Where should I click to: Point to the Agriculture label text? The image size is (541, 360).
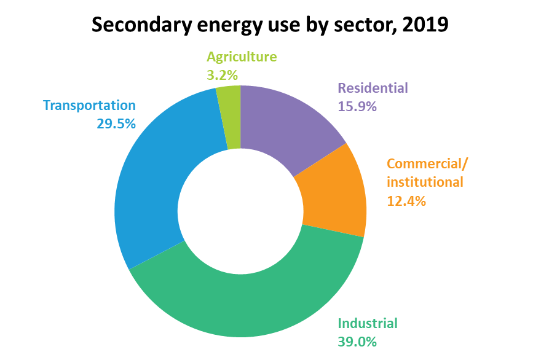point(242,57)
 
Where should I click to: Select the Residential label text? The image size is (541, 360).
point(373,88)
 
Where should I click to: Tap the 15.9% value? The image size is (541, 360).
point(357,106)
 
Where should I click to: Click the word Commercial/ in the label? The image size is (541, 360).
point(427,164)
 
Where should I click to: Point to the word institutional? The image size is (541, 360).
point(425,182)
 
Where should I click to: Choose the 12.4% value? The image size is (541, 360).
point(406,200)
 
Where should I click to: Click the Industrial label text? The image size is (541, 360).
point(368,323)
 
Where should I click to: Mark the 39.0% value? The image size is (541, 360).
point(357,342)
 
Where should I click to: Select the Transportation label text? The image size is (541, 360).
point(89,105)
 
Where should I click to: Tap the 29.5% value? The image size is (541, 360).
point(116,123)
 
